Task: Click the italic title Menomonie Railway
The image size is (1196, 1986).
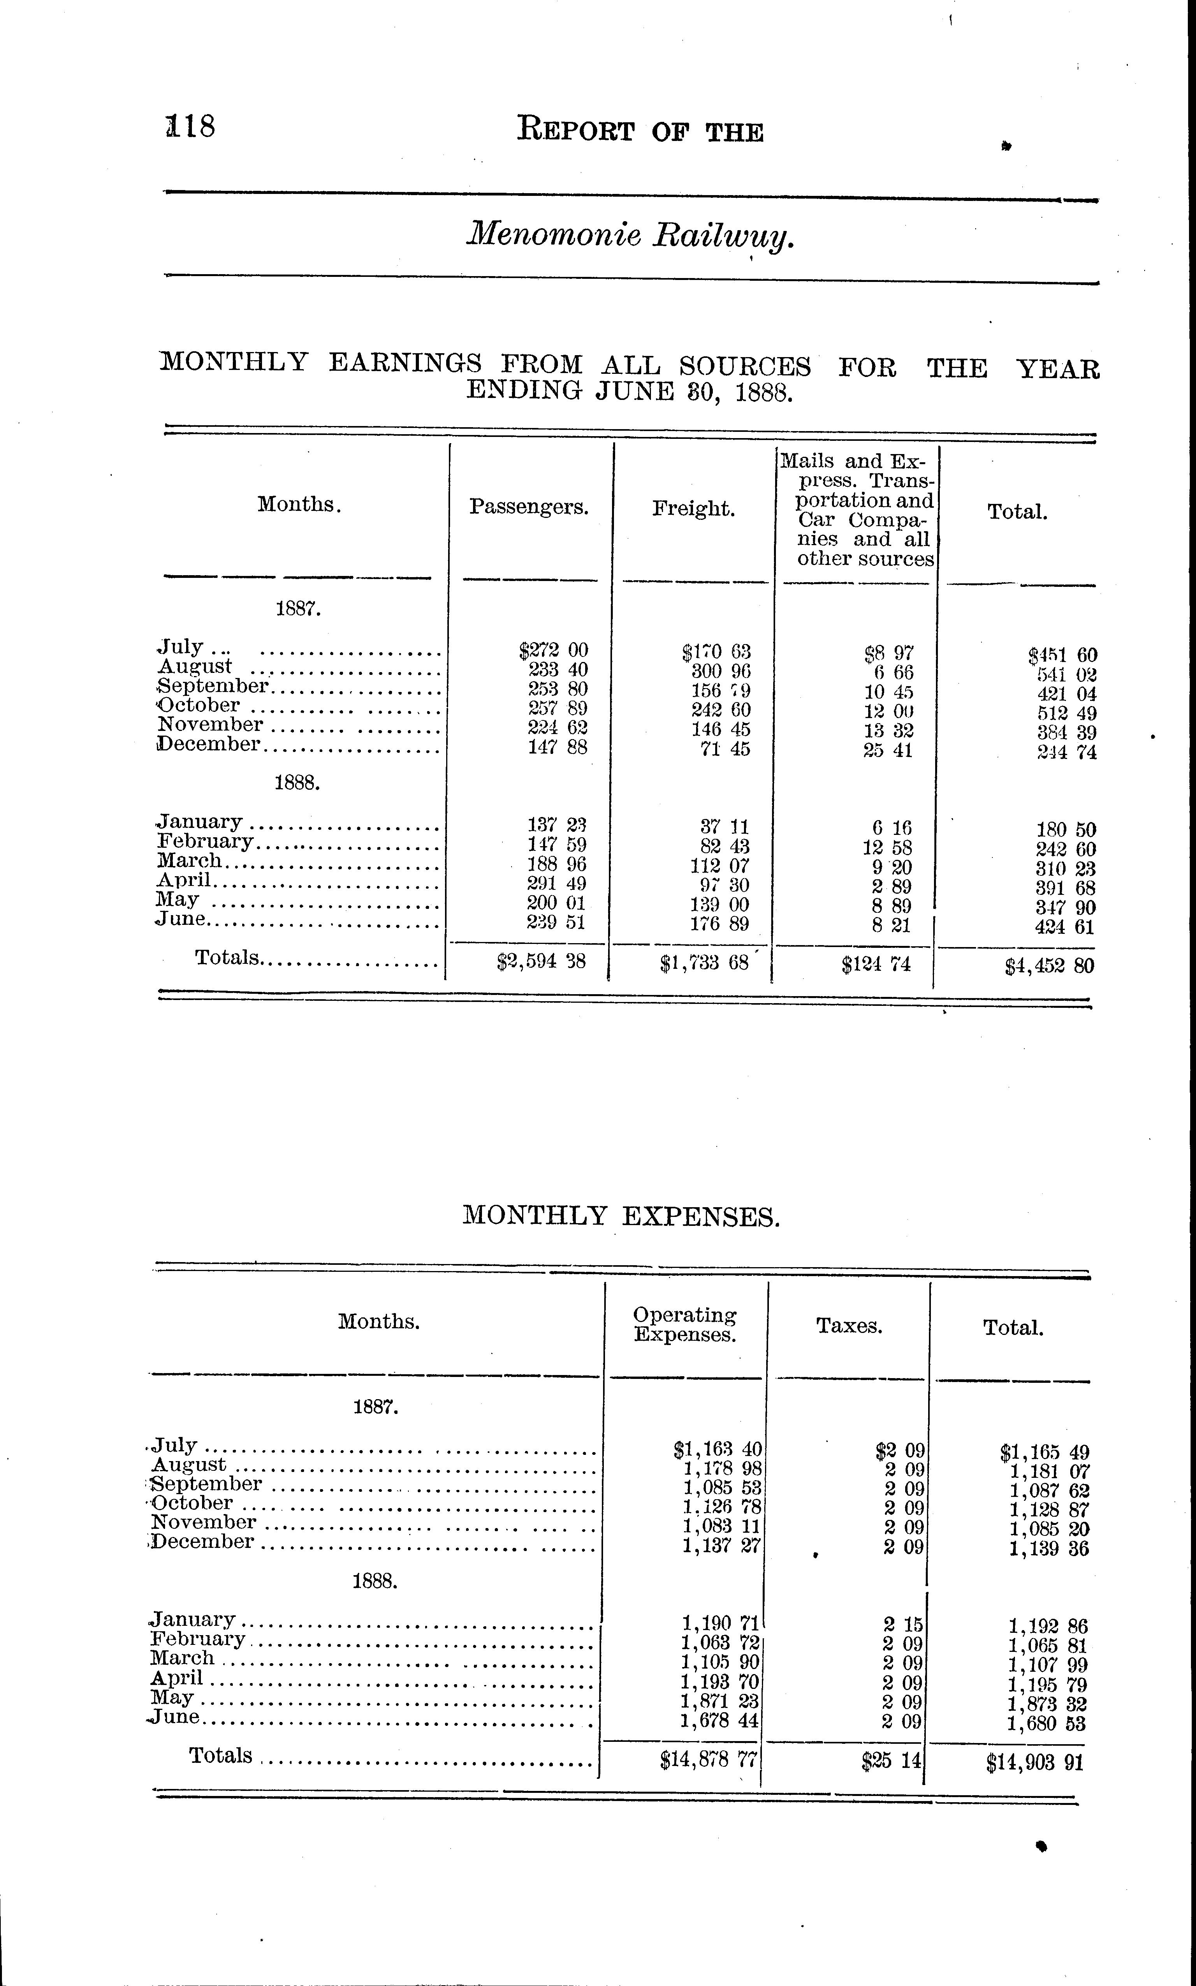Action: (x=631, y=235)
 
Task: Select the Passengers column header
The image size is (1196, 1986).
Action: (x=529, y=507)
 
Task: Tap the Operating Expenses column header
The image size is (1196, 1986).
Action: (x=684, y=1324)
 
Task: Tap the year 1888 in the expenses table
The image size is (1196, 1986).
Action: (x=375, y=1581)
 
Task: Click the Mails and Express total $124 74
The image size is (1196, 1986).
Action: (x=876, y=964)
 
